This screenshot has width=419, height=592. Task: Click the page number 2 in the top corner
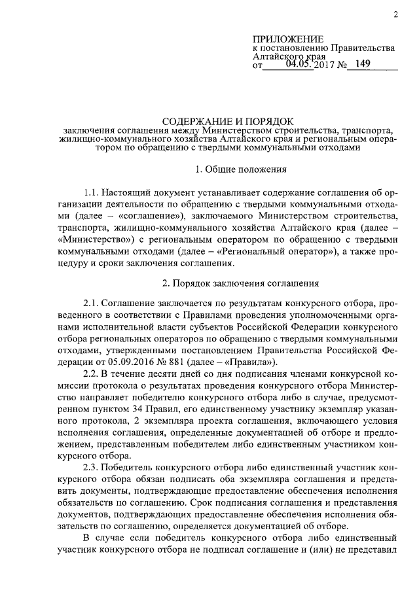tap(396, 14)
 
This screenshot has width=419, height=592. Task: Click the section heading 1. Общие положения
tap(242, 170)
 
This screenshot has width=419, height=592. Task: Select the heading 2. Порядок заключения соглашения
tap(240, 283)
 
